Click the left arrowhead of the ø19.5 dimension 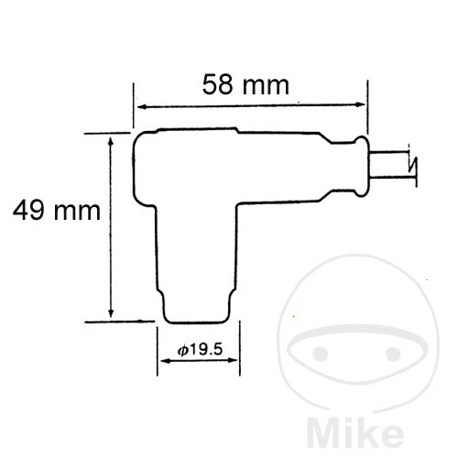point(166,361)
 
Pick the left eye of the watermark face point(320,352)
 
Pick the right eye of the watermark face point(404,352)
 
